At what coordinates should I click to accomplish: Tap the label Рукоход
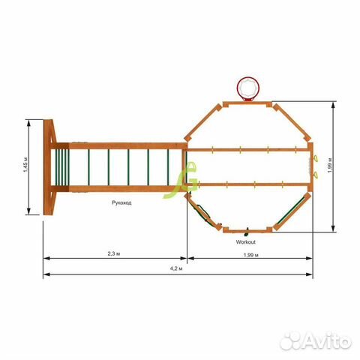click(121, 202)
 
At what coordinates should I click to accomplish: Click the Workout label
click(246, 242)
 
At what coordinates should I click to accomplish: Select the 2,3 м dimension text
click(114, 253)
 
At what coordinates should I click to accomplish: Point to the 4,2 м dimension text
click(176, 268)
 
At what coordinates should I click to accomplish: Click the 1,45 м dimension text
click(25, 165)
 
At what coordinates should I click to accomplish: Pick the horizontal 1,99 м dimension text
click(251, 255)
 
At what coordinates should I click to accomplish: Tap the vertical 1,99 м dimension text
click(330, 165)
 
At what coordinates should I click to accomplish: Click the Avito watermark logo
click(316, 341)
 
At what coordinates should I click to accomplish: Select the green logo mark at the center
click(181, 180)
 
